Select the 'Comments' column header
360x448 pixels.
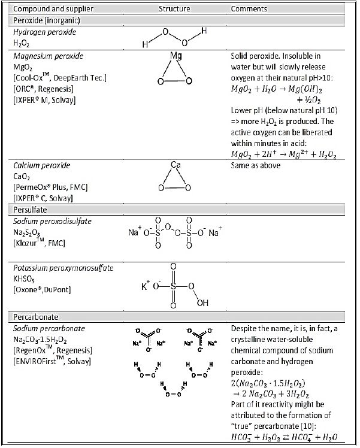[248, 9]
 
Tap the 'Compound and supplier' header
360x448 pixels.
[48, 9]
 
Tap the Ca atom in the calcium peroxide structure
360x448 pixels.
[176, 164]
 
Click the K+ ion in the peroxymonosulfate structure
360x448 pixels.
[146, 286]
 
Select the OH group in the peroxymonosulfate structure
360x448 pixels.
[202, 302]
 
